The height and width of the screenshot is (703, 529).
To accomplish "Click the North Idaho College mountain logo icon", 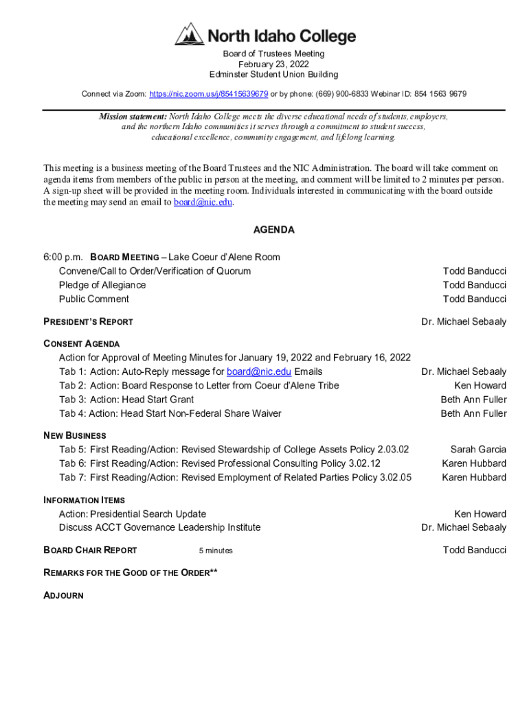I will click(189, 34).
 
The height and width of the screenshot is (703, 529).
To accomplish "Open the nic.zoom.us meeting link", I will click(208, 93).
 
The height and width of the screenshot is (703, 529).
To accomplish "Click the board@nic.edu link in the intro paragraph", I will click(203, 203).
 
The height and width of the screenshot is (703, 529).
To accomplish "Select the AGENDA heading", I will click(273, 230).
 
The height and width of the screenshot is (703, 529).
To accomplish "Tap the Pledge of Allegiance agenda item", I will click(102, 285).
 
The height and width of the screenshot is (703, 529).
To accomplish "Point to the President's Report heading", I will click(88, 321).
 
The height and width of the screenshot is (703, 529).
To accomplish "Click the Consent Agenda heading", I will click(81, 344).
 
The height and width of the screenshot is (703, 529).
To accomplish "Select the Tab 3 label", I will click(71, 400).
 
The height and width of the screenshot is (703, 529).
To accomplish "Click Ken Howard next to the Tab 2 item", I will click(480, 386).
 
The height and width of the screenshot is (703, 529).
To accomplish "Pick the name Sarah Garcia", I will click(478, 450).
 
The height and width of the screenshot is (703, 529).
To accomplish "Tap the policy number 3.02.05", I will click(395, 477).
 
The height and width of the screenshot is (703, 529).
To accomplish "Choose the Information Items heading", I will click(84, 500).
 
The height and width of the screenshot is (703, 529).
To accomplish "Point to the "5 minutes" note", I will click(216, 551).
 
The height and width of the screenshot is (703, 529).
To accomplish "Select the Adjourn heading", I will click(63, 595).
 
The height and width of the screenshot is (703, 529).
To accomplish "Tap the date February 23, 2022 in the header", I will click(273, 64).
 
